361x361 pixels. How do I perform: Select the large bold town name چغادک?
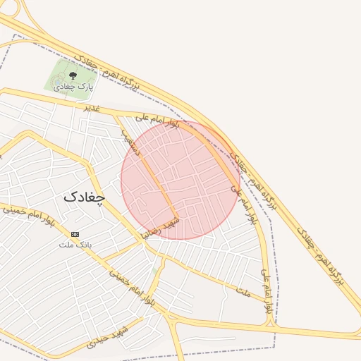pyautogui.click(x=83, y=197)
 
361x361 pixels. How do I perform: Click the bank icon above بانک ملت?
pyautogui.click(x=75, y=234)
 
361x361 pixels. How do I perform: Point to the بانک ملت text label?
pyautogui.click(x=75, y=245)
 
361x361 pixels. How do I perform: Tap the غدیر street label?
pyautogui.click(x=93, y=109)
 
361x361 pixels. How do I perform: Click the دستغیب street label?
pyautogui.click(x=132, y=142)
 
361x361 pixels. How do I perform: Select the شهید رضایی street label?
pyautogui.click(x=161, y=227)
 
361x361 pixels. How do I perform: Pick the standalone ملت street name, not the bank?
pyautogui.click(x=244, y=290)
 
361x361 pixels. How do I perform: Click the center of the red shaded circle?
pyautogui.click(x=180, y=180)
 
